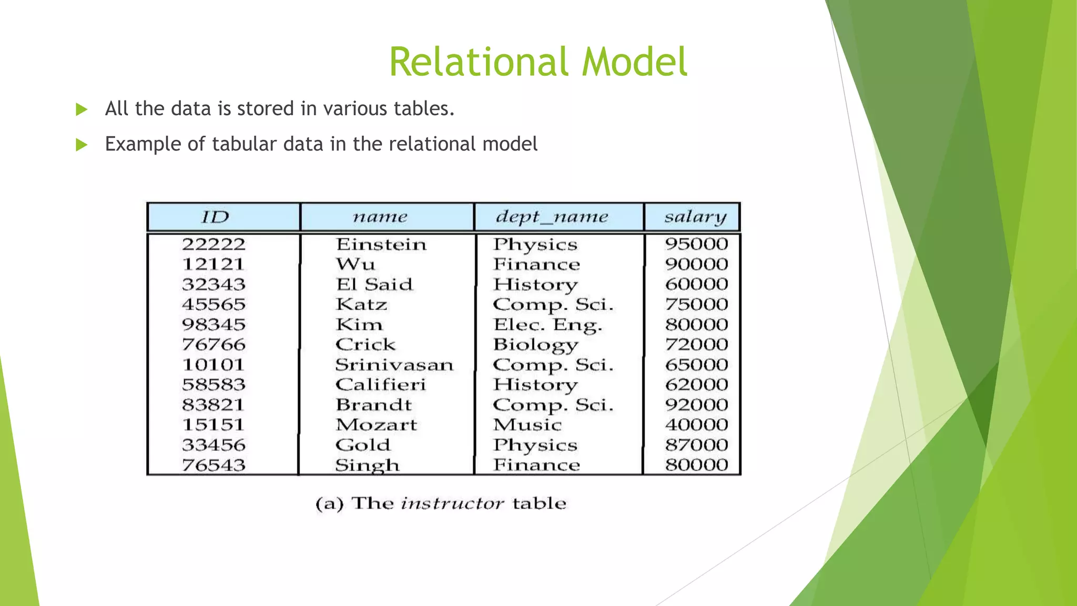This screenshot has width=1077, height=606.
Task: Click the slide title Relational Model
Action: pyautogui.click(x=538, y=62)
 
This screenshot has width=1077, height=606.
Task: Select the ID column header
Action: pyautogui.click(x=215, y=217)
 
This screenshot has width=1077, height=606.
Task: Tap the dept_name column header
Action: pyautogui.click(x=552, y=217)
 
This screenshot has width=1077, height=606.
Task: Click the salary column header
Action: pyautogui.click(x=695, y=217)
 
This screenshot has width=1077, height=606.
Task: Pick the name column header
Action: pyautogui.click(x=380, y=217)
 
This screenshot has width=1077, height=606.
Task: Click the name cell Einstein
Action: pyautogui.click(x=381, y=245)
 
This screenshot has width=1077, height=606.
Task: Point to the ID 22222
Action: pyautogui.click(x=214, y=245)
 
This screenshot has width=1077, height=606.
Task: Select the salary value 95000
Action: pyautogui.click(x=696, y=244)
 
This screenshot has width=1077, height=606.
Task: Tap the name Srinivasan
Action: pyautogui.click(x=394, y=365)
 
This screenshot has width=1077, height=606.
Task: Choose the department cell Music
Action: pyautogui.click(x=527, y=425)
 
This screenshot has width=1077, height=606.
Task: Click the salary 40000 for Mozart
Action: pyautogui.click(x=696, y=425)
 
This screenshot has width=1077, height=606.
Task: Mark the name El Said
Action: pyautogui.click(x=374, y=285)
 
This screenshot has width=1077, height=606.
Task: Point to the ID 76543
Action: pyautogui.click(x=214, y=466)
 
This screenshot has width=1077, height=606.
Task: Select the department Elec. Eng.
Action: pyautogui.click(x=547, y=325)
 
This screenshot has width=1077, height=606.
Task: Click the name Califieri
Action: pyautogui.click(x=381, y=385)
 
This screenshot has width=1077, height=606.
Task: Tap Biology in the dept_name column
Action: pyautogui.click(x=535, y=345)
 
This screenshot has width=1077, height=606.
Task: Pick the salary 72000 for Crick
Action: pyautogui.click(x=696, y=345)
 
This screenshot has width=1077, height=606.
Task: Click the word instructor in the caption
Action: pyautogui.click(x=452, y=504)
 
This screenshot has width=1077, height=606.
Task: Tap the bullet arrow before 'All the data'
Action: pyautogui.click(x=82, y=109)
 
